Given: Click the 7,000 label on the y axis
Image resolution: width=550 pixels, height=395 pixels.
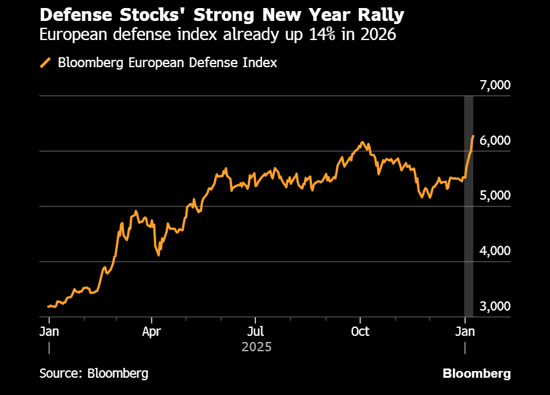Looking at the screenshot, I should pyautogui.click(x=495, y=85).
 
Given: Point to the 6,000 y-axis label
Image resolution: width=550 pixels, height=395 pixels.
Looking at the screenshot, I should pyautogui.click(x=495, y=140).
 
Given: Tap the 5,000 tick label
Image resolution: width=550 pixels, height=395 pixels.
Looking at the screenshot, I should pyautogui.click(x=495, y=196).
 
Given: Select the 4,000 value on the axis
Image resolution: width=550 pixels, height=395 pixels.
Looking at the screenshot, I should pyautogui.click(x=495, y=251).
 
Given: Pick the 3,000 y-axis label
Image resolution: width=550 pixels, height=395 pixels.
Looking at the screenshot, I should pyautogui.click(x=495, y=307).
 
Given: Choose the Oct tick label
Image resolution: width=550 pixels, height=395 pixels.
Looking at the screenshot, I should pyautogui.click(x=360, y=332).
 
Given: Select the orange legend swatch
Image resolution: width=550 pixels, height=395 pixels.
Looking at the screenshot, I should pyautogui.click(x=45, y=63).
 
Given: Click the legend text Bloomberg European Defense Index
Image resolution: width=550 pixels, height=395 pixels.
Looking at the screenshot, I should pyautogui.click(x=167, y=63).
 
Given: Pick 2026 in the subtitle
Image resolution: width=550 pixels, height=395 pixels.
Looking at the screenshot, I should pyautogui.click(x=377, y=35).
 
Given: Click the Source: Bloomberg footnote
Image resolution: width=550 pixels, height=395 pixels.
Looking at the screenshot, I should pyautogui.click(x=94, y=373).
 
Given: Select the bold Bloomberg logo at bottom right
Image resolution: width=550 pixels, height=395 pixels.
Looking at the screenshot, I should pyautogui.click(x=477, y=373).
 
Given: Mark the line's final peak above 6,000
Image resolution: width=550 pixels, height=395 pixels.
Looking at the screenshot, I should pyautogui.click(x=473, y=136).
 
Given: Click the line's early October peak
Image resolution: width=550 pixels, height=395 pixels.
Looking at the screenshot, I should pyautogui.click(x=363, y=142).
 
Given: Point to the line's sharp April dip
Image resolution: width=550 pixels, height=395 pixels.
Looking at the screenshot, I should pyautogui.click(x=159, y=255).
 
